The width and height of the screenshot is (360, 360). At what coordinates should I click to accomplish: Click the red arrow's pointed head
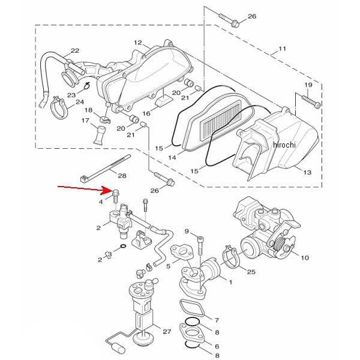coord(112,190)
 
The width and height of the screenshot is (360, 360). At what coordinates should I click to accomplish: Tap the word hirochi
coord(284,145)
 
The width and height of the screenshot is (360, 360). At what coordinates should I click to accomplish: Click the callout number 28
coord(122,176)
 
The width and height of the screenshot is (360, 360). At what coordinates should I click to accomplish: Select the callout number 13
coord(307,172)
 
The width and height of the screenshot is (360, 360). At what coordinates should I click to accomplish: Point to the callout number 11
coord(282,49)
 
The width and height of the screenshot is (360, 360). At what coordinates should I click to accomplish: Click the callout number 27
coord(167,331)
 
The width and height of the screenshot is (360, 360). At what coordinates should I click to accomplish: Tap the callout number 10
coord(305,257)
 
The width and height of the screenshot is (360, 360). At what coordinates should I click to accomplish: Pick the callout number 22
coord(75,50)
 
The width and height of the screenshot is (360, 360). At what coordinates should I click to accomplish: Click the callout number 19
coord(308,85)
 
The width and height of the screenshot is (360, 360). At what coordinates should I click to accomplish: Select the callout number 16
coord(146,113)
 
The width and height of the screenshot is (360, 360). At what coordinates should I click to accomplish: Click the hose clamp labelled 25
coord(232,258)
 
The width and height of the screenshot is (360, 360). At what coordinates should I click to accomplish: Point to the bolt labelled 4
coord(115,196)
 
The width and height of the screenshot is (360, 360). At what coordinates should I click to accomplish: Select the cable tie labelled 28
coord(106,168)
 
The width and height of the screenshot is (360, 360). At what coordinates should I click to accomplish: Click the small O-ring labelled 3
coord(123,247)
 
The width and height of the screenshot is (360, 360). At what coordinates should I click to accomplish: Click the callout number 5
coord(168,266)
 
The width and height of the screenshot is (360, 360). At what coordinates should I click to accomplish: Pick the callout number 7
coord(217,320)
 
